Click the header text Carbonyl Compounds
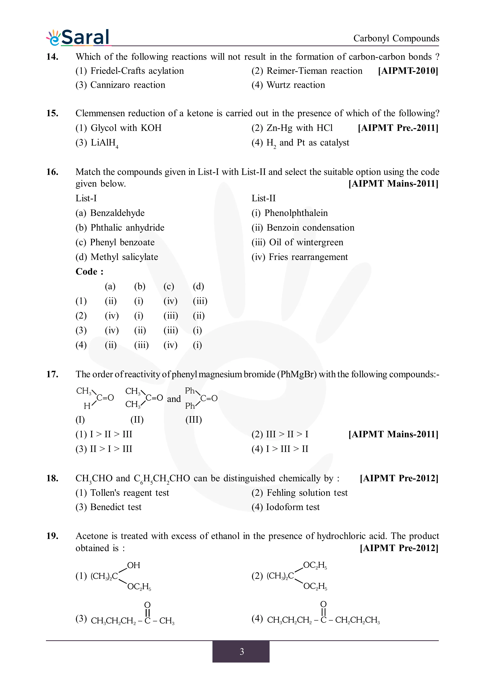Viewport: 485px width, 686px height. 396,38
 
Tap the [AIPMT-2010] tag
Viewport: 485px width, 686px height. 408,71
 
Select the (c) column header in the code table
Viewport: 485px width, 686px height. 169,286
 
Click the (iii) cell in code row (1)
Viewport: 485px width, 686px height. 200,301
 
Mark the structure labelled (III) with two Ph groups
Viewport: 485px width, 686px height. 201,398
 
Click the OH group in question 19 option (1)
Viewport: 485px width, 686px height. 134,565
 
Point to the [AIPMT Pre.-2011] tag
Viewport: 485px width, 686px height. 398,128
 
